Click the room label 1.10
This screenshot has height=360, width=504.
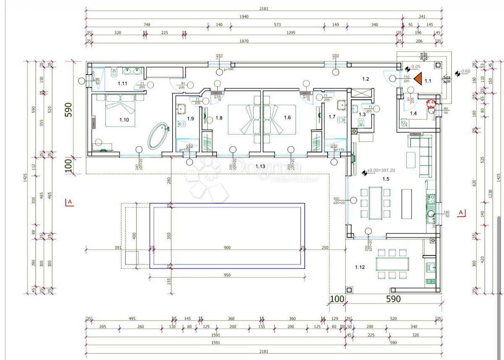point(124,120)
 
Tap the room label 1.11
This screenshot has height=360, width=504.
point(122,83)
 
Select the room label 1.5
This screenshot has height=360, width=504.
point(386,179)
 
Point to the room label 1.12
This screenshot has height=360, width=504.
point(360,267)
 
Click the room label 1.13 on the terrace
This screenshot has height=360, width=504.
point(260,166)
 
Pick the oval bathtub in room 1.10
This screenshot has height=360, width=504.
point(158,135)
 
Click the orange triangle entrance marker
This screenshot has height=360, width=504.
point(417,79)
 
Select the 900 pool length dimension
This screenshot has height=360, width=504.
point(227,247)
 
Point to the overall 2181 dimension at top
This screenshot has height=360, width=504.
point(264,8)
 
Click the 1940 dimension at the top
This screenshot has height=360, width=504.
point(244,17)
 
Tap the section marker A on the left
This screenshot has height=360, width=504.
point(70,202)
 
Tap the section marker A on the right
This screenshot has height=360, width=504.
point(461,213)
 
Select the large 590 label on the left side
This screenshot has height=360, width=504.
point(69,110)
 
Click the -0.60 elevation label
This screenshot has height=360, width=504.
point(465,71)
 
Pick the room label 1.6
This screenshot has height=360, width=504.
point(287,118)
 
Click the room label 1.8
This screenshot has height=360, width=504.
point(219,118)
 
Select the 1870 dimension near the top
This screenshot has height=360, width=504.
point(244,41)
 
